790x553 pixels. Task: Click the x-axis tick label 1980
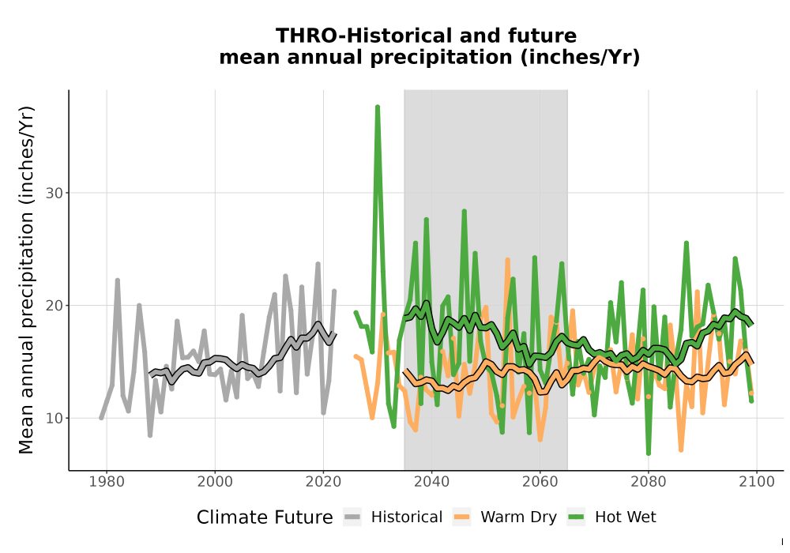pos(107,481)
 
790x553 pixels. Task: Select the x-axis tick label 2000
pos(215,481)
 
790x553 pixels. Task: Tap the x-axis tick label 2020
pos(323,481)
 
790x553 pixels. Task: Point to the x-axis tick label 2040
pos(432,481)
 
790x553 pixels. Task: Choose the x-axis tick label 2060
pos(540,481)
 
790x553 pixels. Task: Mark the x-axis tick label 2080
pos(649,481)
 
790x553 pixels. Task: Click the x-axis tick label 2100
pos(757,481)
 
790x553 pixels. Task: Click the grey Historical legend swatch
pos(352,517)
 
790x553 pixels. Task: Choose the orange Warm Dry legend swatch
pos(461,517)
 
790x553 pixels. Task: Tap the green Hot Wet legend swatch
pos(576,517)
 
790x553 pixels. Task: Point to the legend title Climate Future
pos(265,517)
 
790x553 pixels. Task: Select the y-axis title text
pos(26,280)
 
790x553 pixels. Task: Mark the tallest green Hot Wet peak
pos(378,107)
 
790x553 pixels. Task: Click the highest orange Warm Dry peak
pos(507,260)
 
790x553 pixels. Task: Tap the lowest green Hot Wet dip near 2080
pos(649,453)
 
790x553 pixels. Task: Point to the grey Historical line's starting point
pos(101,418)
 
